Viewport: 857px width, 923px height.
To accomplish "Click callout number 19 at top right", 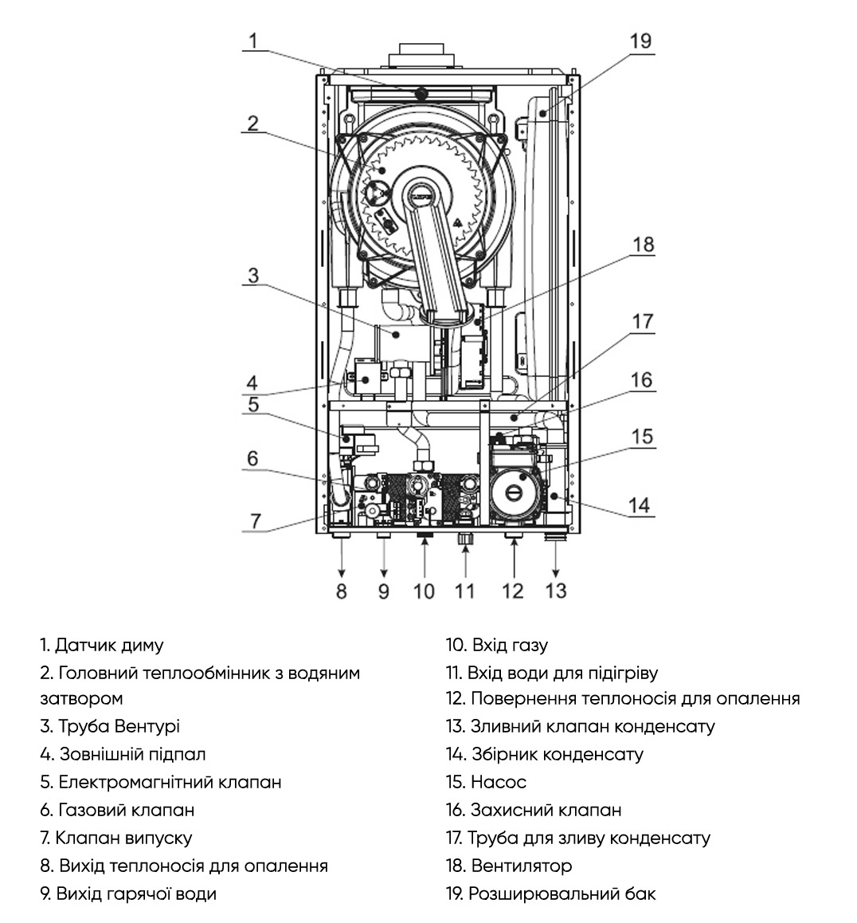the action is (x=640, y=41).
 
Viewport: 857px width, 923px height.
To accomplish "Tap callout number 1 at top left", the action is (x=253, y=41).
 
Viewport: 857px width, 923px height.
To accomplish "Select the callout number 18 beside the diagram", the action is (x=643, y=244).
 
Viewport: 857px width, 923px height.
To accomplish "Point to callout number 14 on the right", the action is (x=640, y=505).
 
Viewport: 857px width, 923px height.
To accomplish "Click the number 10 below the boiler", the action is (x=424, y=591).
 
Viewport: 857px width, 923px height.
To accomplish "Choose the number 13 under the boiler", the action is (x=556, y=591).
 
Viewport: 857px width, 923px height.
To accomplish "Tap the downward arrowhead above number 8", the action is (x=341, y=573).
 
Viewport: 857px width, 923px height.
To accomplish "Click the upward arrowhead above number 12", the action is (x=514, y=541).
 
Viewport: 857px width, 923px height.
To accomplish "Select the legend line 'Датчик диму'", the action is (x=101, y=645).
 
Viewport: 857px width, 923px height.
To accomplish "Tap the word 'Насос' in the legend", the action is (x=499, y=782).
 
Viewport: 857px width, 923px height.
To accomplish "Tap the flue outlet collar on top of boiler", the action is (x=421, y=55).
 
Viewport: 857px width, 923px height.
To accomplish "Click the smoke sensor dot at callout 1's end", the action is (x=421, y=93).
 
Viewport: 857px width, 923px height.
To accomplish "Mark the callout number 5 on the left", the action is (x=253, y=404).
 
